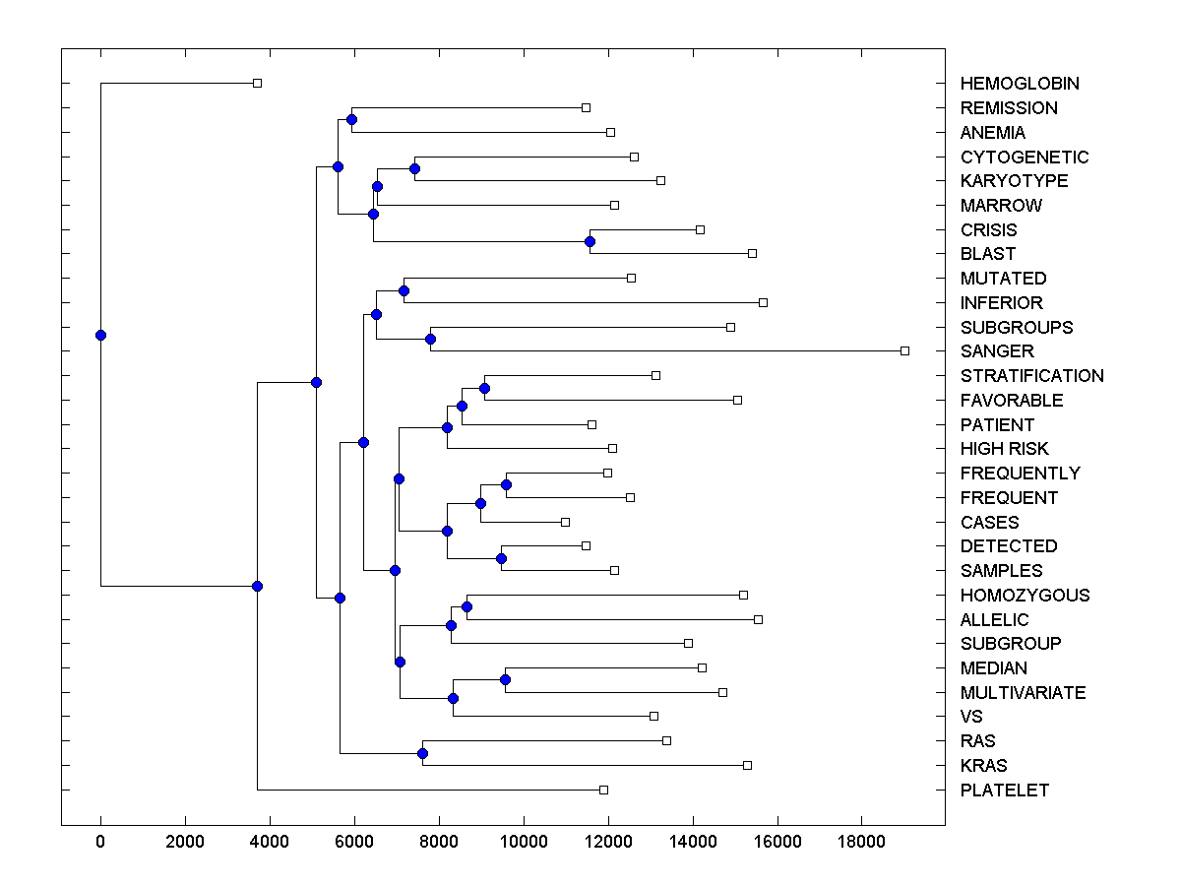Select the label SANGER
[997, 351]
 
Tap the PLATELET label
[1005, 791]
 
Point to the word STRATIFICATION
[1032, 376]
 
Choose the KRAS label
[983, 766]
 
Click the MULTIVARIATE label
[1024, 693]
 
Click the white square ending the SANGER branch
[905, 350]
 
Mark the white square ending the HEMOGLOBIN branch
[257, 83]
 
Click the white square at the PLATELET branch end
[603, 790]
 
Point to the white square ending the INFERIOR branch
[763, 302]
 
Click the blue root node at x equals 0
[100, 335]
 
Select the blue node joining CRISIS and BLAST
[590, 241]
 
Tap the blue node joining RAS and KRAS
[422, 753]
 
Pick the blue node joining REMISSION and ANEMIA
[351, 119]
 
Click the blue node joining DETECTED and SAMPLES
[501, 558]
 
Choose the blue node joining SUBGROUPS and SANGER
[430, 339]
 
